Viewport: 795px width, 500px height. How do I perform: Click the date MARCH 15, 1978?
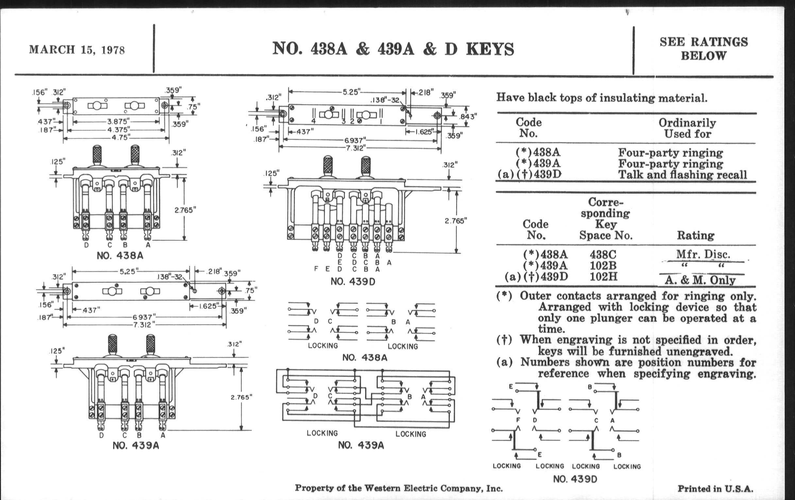click(x=77, y=50)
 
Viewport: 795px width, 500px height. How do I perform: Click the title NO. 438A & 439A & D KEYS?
click(x=393, y=49)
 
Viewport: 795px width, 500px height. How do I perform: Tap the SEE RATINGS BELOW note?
click(x=703, y=48)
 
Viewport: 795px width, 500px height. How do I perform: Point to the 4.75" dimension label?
click(x=120, y=137)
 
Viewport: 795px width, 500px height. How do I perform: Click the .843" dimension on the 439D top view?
click(x=468, y=116)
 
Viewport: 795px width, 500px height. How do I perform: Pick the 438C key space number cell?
click(x=603, y=255)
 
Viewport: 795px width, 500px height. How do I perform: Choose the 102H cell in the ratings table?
click(x=603, y=276)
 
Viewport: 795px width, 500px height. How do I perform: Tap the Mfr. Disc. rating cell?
click(x=703, y=254)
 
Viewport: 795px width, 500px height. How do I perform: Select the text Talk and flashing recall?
click(x=683, y=175)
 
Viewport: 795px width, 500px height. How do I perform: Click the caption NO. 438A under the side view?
click(x=120, y=256)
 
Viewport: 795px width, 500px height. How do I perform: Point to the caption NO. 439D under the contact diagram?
click(x=575, y=479)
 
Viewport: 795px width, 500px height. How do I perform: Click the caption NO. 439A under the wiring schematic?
click(x=361, y=445)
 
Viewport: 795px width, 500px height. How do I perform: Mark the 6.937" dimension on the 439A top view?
click(x=143, y=317)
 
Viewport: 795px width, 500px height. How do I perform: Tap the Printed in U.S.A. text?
click(x=716, y=489)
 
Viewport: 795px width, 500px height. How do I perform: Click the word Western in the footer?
click(x=384, y=488)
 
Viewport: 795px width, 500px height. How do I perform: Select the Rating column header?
click(x=696, y=235)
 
